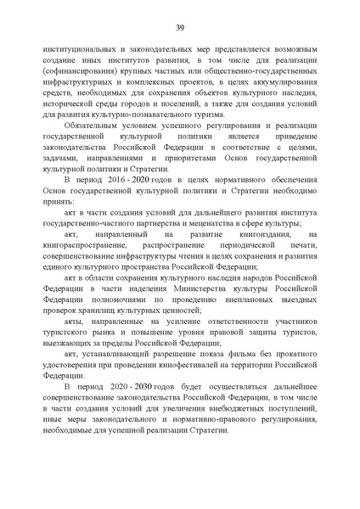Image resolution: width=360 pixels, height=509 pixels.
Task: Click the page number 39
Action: click(x=179, y=26)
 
